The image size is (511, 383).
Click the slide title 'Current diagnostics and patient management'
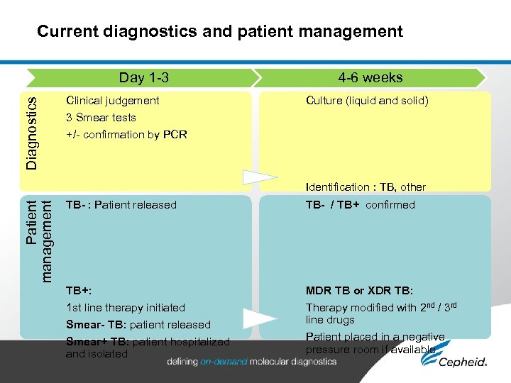pos(220,31)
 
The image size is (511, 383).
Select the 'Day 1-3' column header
pos(143,78)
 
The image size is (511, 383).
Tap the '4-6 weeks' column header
pos(370,78)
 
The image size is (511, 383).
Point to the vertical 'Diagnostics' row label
pos(32,133)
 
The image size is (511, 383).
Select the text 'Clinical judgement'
pos(112,101)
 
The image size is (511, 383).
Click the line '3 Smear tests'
pos(101,118)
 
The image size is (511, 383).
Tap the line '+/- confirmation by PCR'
pos(126,135)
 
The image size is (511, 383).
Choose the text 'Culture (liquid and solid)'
pos(367,101)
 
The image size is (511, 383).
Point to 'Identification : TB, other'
pos(366,187)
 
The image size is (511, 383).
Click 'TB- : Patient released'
pos(121,205)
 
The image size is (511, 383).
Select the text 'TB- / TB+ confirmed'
pos(360,205)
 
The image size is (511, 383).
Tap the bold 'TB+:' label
pos(79,291)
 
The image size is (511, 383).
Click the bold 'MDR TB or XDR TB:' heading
pos(359,291)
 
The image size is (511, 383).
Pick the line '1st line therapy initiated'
pos(125,308)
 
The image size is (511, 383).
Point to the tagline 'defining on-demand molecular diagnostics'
pos(252,362)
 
